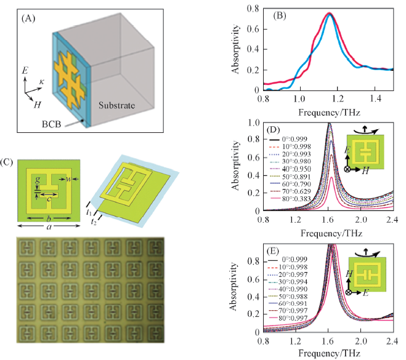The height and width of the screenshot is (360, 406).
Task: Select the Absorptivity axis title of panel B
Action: coord(236,46)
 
